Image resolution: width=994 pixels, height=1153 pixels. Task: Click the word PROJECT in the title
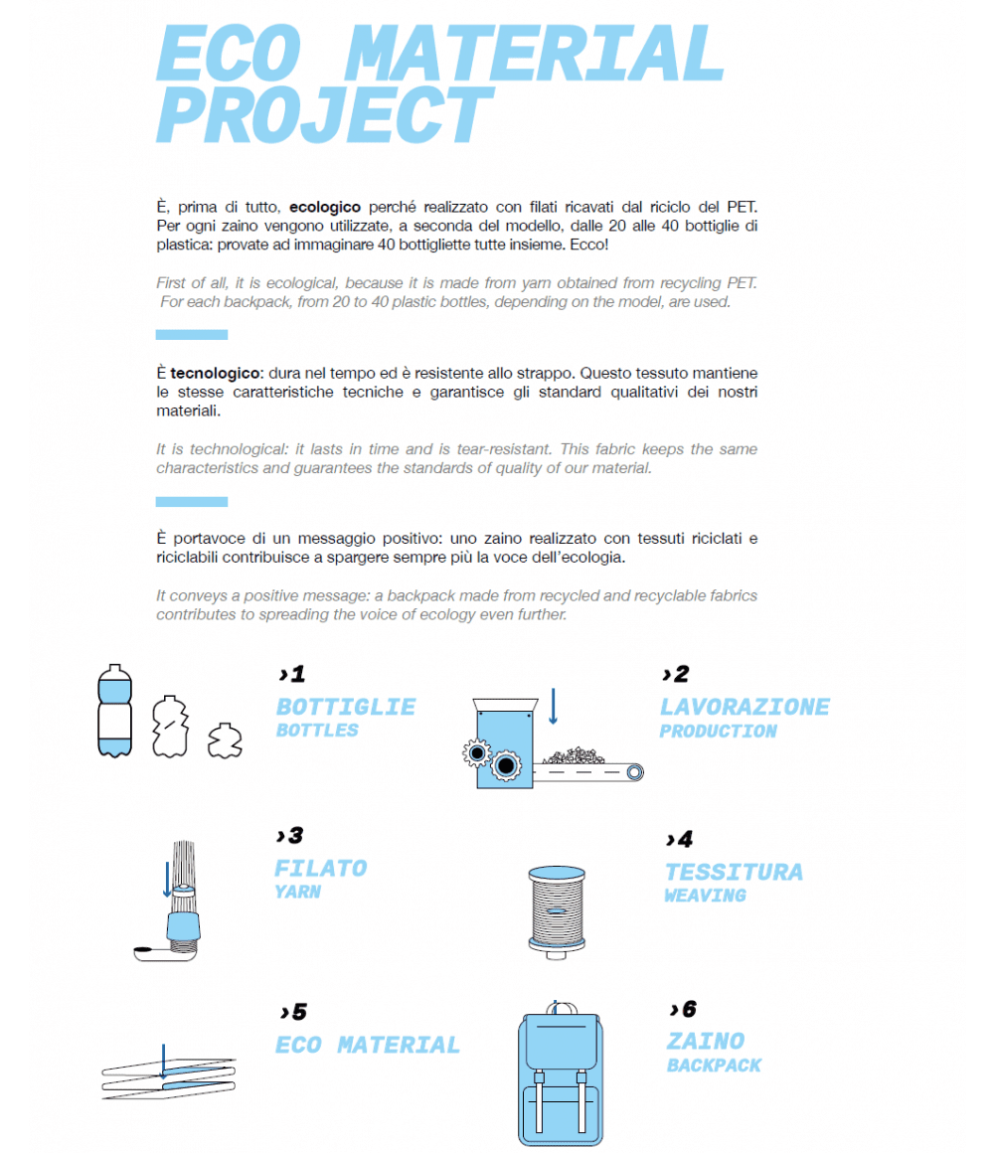pyautogui.click(x=324, y=117)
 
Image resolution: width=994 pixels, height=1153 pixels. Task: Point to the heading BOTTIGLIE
pyautogui.click(x=346, y=707)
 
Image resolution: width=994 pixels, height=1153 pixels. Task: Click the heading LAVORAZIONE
pyautogui.click(x=745, y=707)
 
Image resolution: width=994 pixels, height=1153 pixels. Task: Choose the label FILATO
pyautogui.click(x=321, y=868)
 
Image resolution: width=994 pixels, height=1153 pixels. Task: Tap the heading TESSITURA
pyautogui.click(x=734, y=872)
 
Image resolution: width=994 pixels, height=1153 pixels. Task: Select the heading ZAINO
pyautogui.click(x=706, y=1041)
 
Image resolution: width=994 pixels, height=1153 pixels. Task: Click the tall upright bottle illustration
pyautogui.click(x=114, y=712)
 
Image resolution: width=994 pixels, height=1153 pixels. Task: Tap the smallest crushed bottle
pyautogui.click(x=225, y=741)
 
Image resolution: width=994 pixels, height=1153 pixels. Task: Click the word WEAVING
pyautogui.click(x=705, y=896)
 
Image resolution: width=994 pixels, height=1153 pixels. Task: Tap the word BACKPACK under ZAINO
pyautogui.click(x=714, y=1066)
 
